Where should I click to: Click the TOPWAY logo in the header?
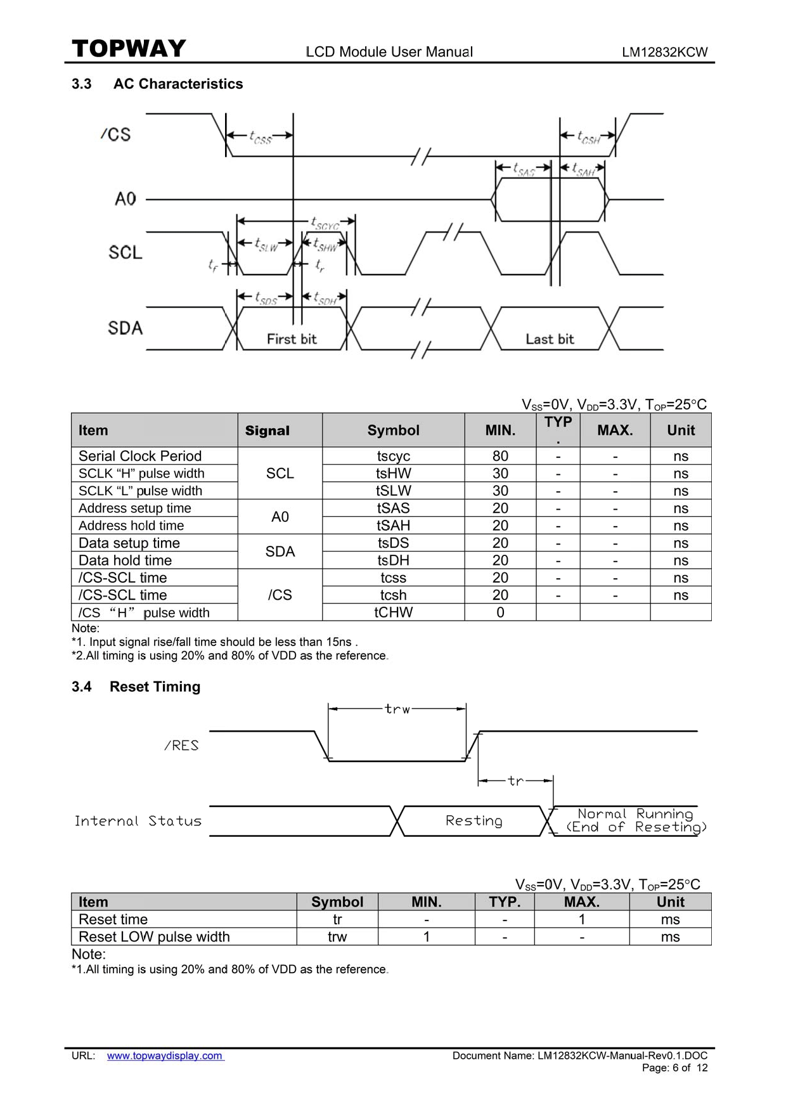point(129,49)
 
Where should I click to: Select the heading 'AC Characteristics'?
point(178,84)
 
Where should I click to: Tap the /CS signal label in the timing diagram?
point(115,134)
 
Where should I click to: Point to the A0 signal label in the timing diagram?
point(126,199)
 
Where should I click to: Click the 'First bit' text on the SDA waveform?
point(292,339)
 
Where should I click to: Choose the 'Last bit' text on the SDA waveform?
point(550,339)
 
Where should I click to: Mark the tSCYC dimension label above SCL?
point(325,223)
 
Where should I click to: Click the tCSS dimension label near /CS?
point(261,137)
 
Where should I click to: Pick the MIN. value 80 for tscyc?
point(500,456)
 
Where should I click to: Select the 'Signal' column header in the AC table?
point(267,431)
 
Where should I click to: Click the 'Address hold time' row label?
point(131,526)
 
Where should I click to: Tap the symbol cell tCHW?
point(393,612)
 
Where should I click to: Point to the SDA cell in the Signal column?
point(280,552)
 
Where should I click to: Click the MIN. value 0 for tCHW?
point(500,612)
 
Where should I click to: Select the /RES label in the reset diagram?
point(181,746)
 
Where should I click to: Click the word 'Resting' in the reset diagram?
point(474,820)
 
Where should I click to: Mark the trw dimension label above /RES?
point(397,709)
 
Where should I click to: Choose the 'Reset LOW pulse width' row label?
point(154,937)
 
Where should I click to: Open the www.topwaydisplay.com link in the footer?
point(165,1056)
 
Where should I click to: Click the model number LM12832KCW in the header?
point(664,53)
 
